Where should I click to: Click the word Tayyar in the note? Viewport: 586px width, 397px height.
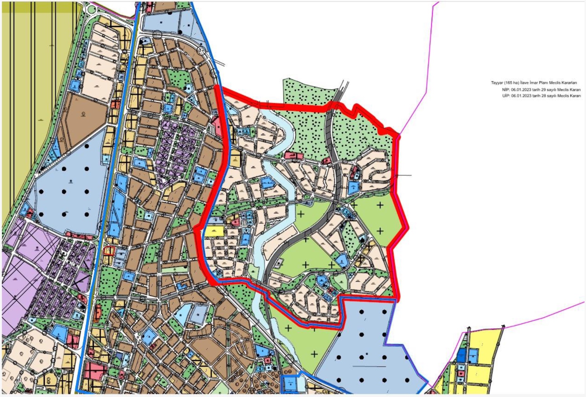[497, 83]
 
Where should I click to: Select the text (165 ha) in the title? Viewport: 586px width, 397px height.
[512, 83]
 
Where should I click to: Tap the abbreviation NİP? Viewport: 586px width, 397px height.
[505, 89]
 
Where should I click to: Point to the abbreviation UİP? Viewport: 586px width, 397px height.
[505, 96]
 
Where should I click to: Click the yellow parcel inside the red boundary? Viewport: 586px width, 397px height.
[214, 231]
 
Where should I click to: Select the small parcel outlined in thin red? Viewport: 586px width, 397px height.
[109, 251]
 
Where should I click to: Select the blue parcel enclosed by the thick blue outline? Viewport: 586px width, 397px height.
[290, 384]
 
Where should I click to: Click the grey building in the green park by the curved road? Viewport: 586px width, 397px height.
[280, 262]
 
